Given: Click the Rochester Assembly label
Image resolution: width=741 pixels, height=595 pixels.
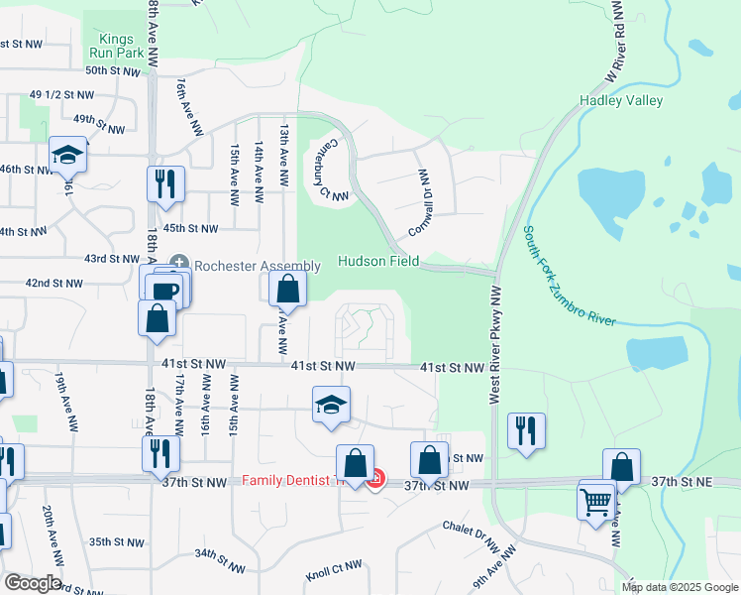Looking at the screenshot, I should [x=257, y=266].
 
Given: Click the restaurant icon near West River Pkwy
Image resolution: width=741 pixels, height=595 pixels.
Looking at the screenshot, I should [x=525, y=431].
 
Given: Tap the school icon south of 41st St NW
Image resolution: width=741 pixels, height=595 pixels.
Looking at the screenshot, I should [x=332, y=404].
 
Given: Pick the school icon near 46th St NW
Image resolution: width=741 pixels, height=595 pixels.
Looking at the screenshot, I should [x=67, y=154].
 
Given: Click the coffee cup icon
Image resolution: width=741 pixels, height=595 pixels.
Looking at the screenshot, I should [x=163, y=290].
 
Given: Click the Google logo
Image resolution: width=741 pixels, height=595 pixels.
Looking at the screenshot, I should [x=32, y=582].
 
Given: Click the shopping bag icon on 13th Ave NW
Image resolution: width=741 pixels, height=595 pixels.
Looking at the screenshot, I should [x=288, y=289].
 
